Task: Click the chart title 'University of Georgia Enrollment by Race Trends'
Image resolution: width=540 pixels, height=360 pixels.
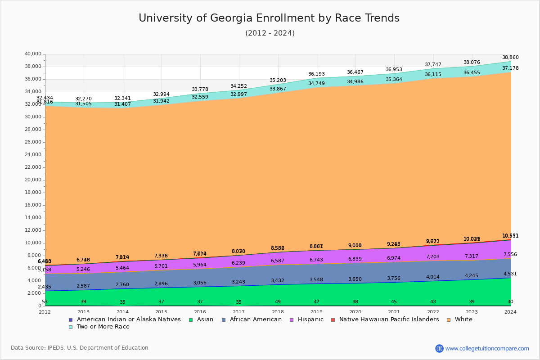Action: point(269,18)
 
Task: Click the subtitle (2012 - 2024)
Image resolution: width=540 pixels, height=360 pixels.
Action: point(270,33)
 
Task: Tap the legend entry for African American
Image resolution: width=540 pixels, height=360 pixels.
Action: point(255,319)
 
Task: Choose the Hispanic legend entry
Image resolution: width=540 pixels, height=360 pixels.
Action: point(307,319)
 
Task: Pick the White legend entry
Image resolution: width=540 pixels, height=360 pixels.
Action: point(463,319)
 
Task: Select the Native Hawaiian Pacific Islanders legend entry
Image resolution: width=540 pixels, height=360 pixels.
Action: point(389,319)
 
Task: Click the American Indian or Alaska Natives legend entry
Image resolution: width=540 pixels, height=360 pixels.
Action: point(129,319)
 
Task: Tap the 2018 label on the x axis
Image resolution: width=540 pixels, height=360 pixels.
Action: point(278,312)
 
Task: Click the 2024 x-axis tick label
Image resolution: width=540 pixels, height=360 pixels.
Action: point(510,312)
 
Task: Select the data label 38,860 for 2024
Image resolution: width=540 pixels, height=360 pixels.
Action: point(510,58)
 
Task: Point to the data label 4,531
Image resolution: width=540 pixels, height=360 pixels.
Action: point(510,274)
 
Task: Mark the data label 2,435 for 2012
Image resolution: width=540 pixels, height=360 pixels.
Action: point(44,287)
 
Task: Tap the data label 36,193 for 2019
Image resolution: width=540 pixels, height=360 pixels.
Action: point(316,74)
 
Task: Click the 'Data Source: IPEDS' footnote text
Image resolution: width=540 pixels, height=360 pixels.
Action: point(80,348)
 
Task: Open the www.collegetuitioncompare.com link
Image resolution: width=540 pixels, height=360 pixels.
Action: point(487,348)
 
